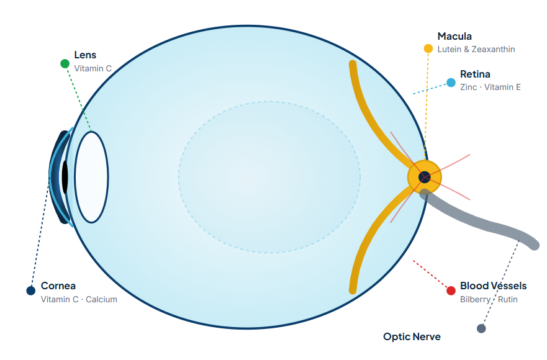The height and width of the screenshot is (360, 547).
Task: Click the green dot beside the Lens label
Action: (65, 63)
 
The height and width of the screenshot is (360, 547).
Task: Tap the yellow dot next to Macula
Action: (428, 48)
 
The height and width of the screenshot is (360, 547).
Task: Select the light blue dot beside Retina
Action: (451, 83)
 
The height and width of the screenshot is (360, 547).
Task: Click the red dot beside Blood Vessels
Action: (451, 290)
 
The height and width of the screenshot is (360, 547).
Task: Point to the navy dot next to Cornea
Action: (30, 290)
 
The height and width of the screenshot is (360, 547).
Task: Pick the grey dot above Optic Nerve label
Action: (481, 328)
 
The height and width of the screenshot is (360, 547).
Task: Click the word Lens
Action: (85, 55)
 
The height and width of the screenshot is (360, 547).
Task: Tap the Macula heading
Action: (454, 36)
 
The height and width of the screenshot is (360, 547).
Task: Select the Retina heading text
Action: (475, 74)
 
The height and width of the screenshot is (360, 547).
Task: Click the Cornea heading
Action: (58, 286)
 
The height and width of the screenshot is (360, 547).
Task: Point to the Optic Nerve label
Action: (412, 336)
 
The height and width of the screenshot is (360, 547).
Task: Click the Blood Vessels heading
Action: (493, 286)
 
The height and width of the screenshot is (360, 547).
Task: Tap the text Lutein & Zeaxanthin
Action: (476, 49)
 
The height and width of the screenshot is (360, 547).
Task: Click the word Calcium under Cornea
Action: (102, 299)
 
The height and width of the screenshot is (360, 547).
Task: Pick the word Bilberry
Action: (475, 299)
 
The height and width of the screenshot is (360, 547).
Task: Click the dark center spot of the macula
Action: (424, 177)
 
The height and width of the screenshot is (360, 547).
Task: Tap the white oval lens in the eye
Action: (91, 177)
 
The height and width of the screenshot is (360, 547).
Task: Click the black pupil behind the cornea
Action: (65, 177)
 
